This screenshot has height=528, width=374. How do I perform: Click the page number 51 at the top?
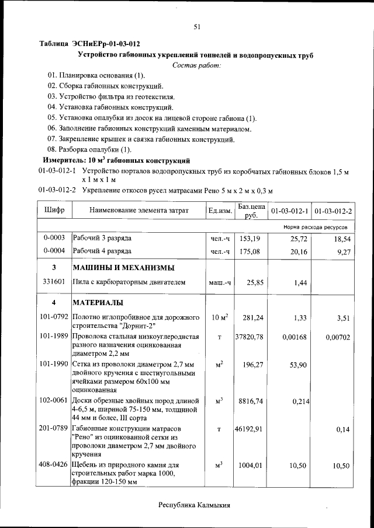(197, 26)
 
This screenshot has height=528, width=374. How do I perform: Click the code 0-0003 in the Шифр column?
(54, 238)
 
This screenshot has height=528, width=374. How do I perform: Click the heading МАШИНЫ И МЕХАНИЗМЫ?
(123, 268)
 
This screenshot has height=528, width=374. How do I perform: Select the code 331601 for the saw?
(54, 282)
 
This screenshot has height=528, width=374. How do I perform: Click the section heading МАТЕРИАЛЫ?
(97, 303)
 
